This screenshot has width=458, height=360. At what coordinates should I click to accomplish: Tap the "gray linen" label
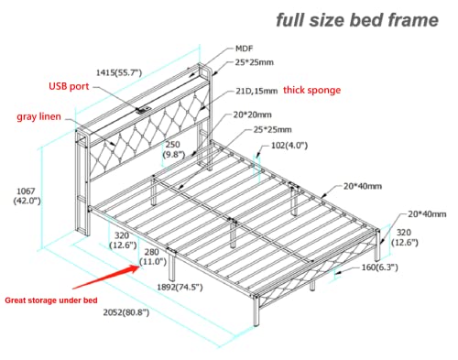[x=38, y=117]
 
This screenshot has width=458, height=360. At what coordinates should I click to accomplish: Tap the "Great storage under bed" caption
[x=50, y=294]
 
